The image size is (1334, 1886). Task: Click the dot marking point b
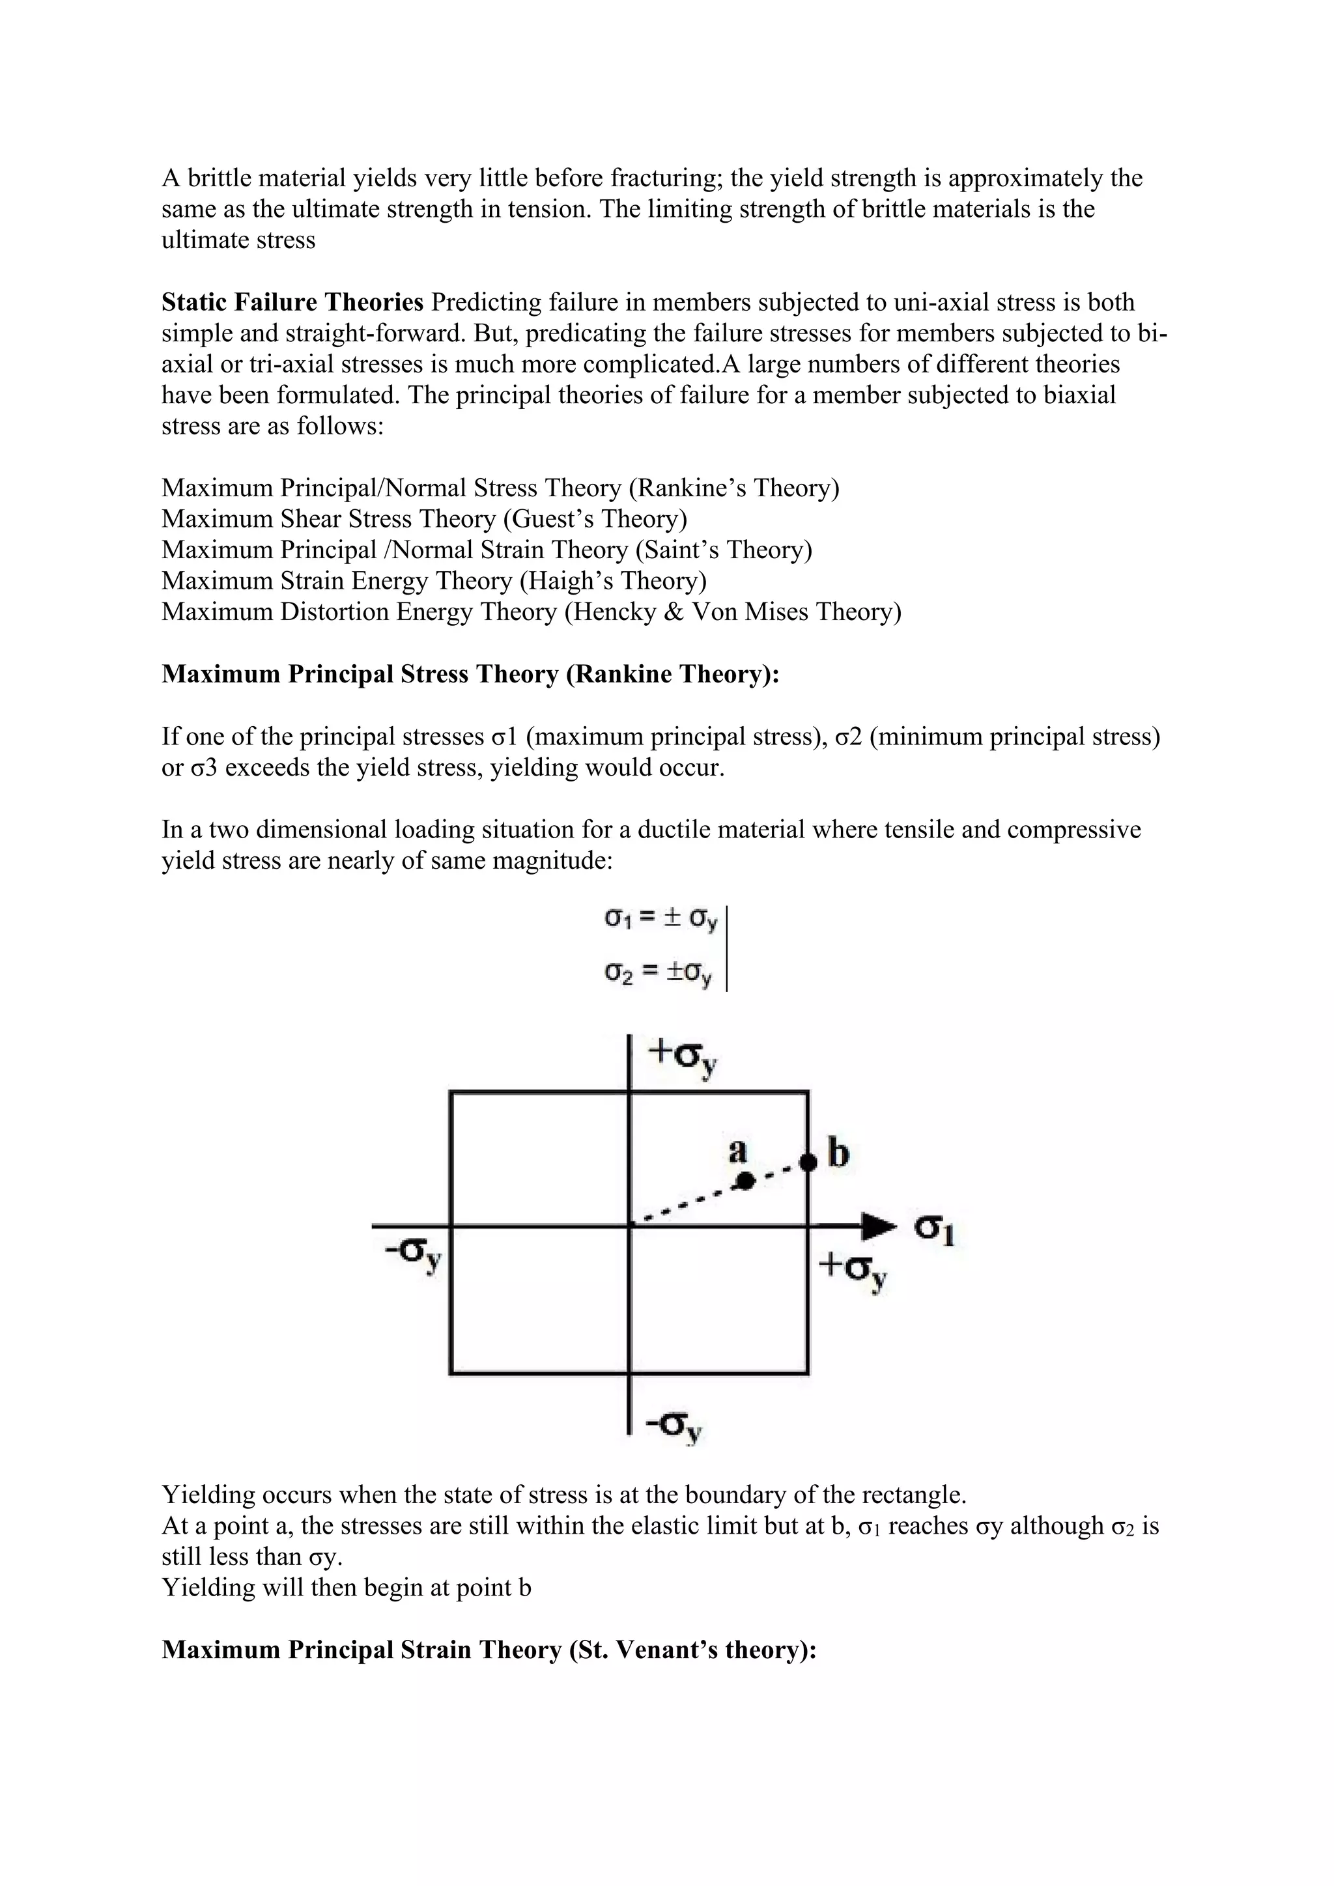(808, 1162)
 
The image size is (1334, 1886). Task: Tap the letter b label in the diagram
(838, 1154)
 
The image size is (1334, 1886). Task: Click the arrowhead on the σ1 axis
(880, 1226)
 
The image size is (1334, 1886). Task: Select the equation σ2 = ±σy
(659, 974)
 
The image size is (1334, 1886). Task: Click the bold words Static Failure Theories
(292, 302)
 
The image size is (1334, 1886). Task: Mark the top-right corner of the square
(808, 1091)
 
